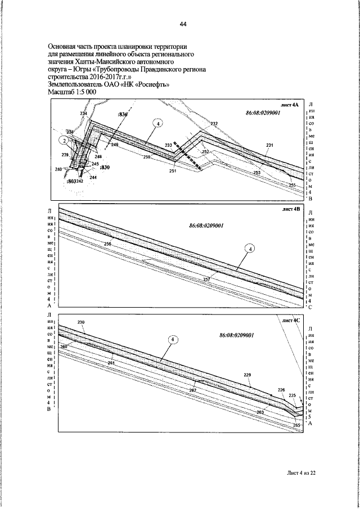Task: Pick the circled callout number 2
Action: (65, 140)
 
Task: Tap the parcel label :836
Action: (123, 114)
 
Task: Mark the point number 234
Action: (83, 114)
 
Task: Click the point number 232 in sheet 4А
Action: (214, 123)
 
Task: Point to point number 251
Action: (172, 170)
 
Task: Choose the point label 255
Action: (292, 185)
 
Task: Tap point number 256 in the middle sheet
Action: (108, 244)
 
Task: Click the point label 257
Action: (206, 279)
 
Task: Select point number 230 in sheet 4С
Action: (80, 322)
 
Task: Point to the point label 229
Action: (247, 375)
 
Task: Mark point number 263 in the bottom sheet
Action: (260, 412)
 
